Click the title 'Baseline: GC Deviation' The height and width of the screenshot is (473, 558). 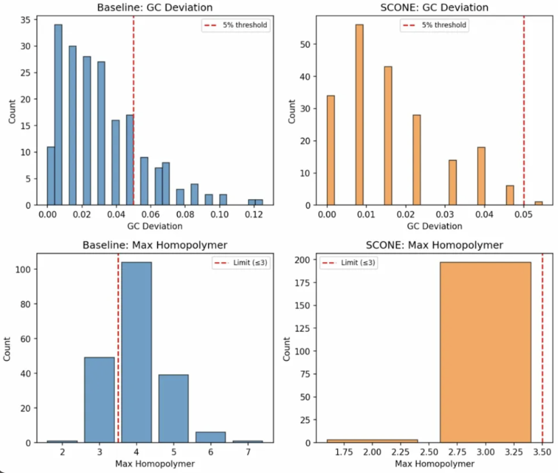click(153, 7)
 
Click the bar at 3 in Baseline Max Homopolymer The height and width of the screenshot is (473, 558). click(99, 399)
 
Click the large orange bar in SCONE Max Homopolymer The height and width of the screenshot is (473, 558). click(485, 352)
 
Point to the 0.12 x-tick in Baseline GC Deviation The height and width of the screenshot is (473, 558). click(253, 215)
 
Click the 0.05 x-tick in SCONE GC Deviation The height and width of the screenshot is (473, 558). click(524, 215)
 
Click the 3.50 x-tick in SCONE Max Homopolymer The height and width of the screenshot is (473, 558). click(542, 453)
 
